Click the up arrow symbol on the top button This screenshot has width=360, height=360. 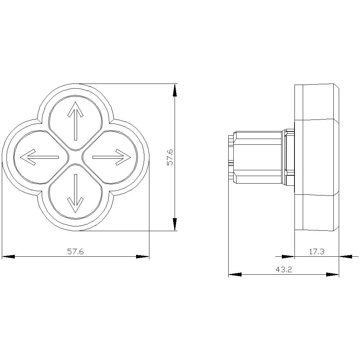point(76,121)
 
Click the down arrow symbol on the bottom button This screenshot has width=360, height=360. point(76,193)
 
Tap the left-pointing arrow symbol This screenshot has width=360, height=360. point(39,157)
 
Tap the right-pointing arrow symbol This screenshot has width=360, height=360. point(112,157)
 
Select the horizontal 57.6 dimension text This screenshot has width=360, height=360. point(76,252)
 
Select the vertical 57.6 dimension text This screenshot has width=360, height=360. point(170,157)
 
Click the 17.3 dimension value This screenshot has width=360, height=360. point(316,252)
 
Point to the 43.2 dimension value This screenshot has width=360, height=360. point(284,270)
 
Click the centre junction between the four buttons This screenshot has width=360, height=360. point(76,157)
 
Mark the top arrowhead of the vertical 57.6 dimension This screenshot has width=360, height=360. point(175,90)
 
